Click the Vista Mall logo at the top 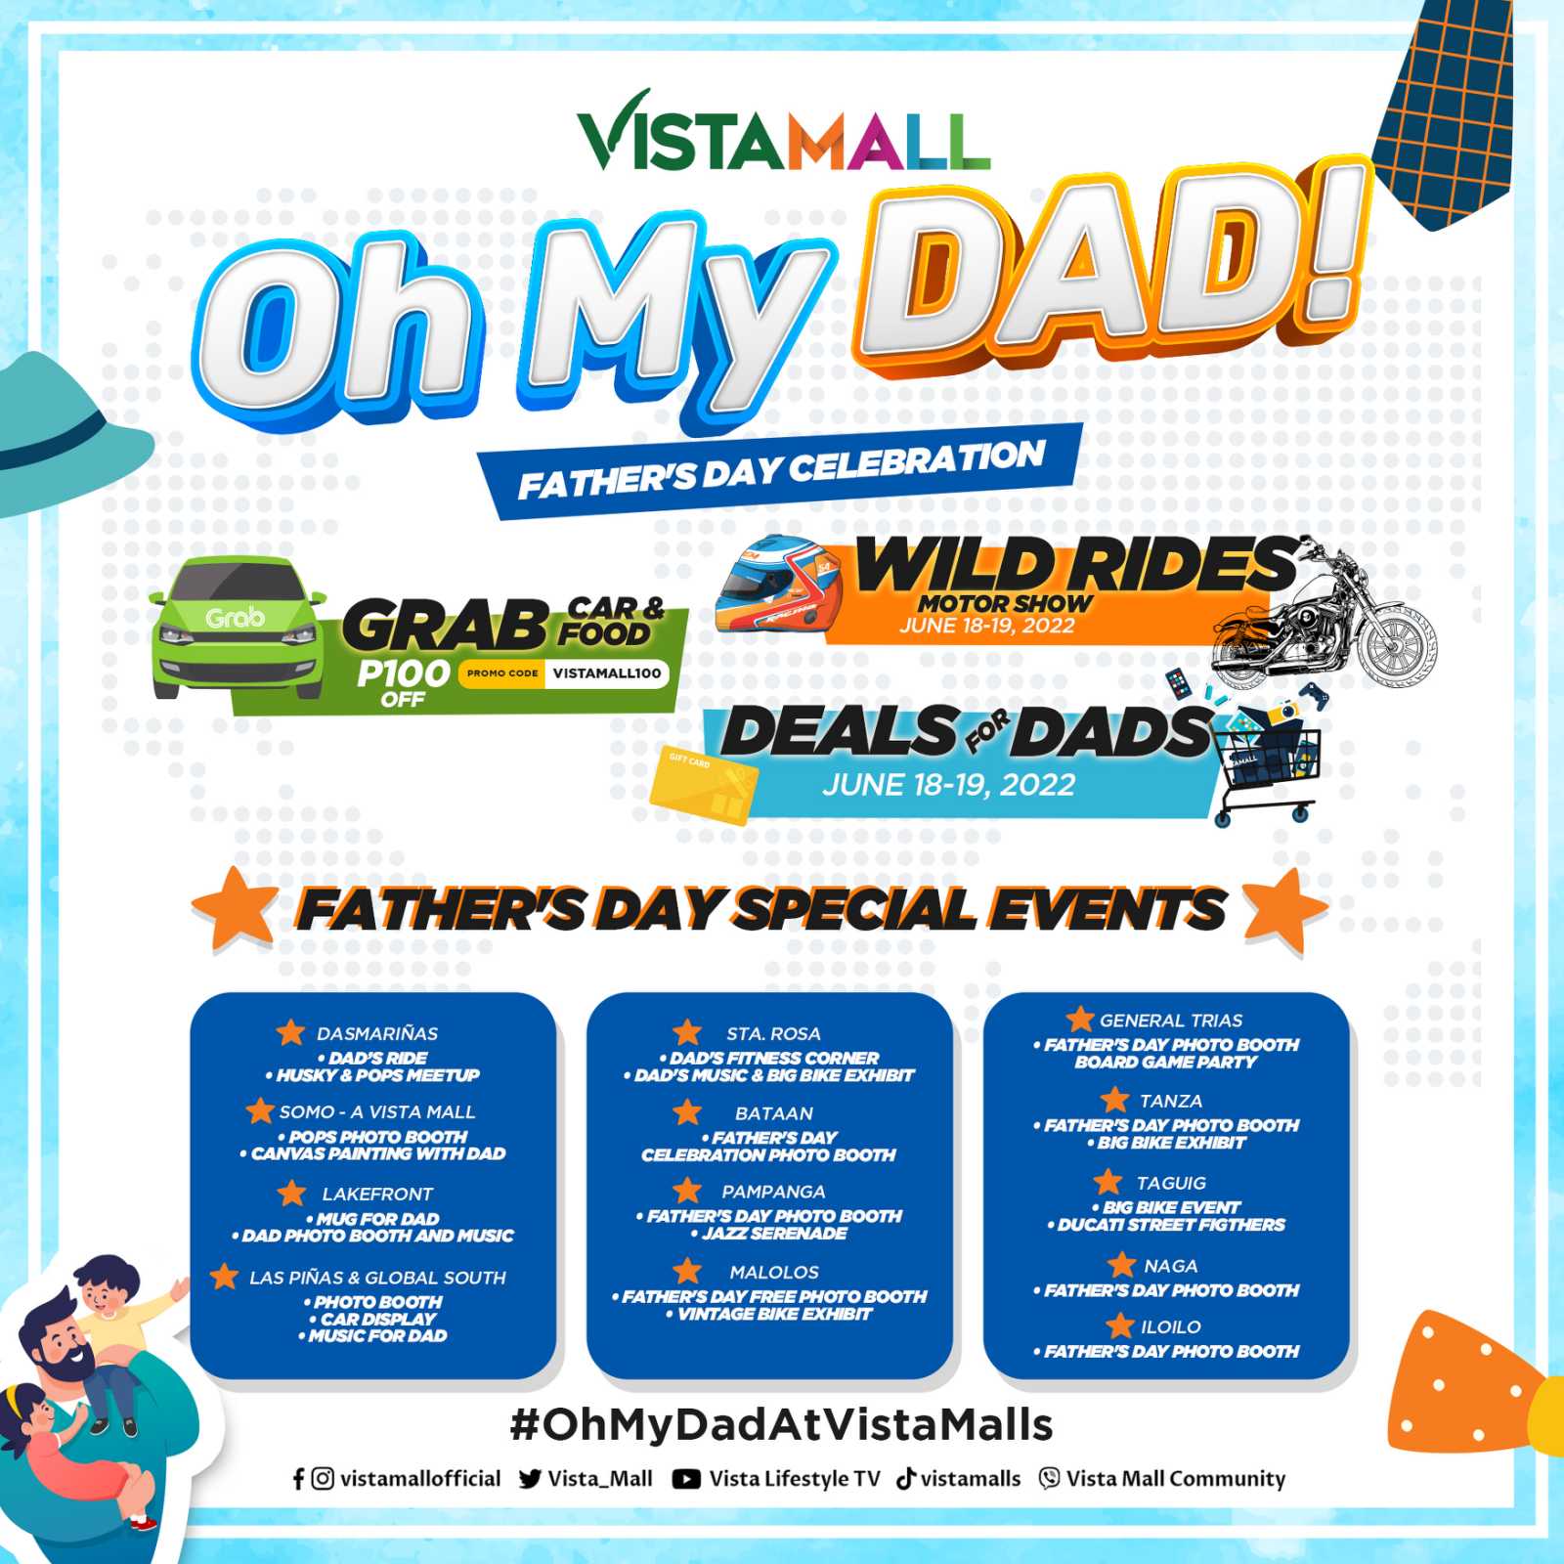783,132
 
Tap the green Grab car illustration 238,627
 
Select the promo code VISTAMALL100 606,673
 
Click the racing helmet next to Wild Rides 779,585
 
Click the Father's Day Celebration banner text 782,469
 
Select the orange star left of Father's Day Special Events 235,909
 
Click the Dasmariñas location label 377,1033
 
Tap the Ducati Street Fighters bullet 1166,1225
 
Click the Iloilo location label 1171,1326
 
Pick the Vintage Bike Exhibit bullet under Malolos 769,1314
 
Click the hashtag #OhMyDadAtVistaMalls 781,1425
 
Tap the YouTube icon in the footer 686,1479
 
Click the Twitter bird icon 531,1479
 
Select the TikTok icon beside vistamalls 906,1478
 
